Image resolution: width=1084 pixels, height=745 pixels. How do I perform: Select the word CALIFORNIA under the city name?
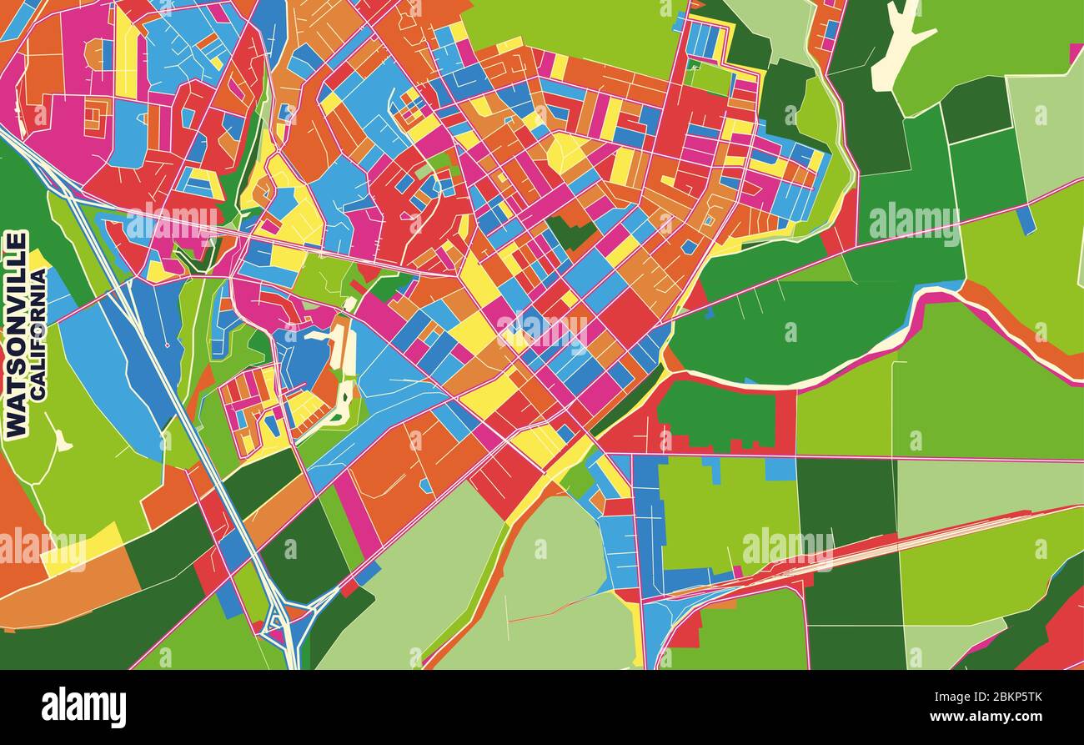38,334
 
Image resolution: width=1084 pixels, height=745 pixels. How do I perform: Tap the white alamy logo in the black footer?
83,707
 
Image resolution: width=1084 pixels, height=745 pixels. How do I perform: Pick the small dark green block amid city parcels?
572,232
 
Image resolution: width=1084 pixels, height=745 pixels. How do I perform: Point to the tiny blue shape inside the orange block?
427,485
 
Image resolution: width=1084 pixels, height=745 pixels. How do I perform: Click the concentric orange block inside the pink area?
96,117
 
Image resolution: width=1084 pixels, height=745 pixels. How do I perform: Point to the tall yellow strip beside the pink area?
126,54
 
